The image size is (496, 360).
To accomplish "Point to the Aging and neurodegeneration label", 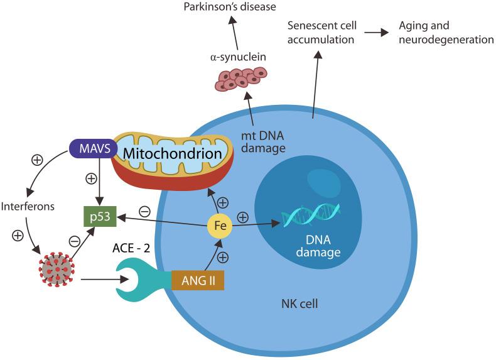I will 445,33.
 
